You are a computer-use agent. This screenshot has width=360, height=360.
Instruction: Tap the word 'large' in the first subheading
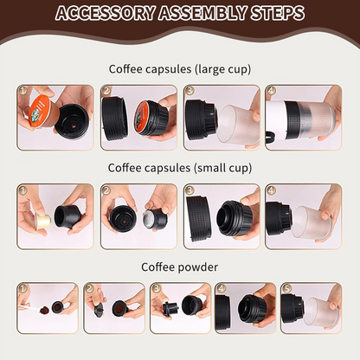207,69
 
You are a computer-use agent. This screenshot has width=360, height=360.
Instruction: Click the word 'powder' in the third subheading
197,267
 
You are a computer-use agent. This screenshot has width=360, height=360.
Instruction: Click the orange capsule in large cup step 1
41,112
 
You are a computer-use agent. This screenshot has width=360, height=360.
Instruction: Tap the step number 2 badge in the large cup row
106,91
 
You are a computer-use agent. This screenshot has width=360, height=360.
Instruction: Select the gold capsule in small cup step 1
42,221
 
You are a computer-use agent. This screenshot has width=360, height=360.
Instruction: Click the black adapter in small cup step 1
67,216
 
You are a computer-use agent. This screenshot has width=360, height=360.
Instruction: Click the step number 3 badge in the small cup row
190,190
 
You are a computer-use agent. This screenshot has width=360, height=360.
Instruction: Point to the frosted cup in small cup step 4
309,222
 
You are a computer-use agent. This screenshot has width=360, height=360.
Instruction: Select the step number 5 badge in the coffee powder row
286,289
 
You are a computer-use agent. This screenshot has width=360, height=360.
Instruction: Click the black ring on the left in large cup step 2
114,119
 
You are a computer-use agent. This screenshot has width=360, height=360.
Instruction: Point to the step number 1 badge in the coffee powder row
23,289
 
